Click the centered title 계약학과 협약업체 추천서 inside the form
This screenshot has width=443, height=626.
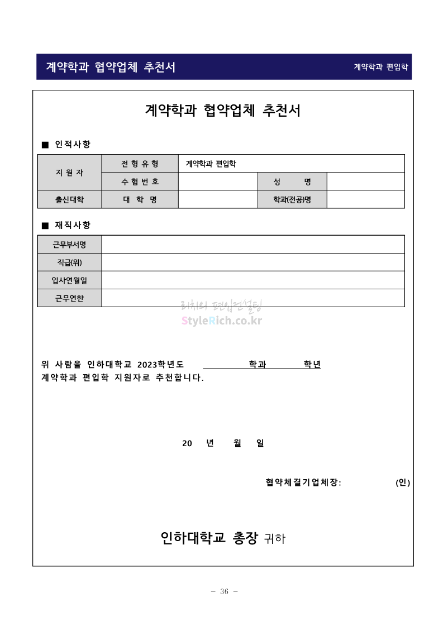point(222,111)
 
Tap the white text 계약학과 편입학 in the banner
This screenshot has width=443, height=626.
point(381,67)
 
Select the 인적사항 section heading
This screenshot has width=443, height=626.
point(72,145)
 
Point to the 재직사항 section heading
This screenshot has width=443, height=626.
point(72,225)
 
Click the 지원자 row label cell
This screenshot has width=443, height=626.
point(69,173)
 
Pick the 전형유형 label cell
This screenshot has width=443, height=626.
point(140,164)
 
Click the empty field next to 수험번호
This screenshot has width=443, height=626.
point(218,181)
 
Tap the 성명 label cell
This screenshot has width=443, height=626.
point(292,181)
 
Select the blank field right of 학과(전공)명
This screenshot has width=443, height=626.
point(365,199)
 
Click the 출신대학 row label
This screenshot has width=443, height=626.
point(69,199)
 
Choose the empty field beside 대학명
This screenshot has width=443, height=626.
point(218,199)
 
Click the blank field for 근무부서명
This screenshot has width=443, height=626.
point(253,244)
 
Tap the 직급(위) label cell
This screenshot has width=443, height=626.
point(69,262)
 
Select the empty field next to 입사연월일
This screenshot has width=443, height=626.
point(253,280)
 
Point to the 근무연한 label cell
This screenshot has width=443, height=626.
point(69,298)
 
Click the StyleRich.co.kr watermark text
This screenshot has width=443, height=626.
point(222,321)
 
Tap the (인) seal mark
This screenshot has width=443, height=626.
point(403,483)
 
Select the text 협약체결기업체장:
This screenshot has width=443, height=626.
point(303,483)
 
